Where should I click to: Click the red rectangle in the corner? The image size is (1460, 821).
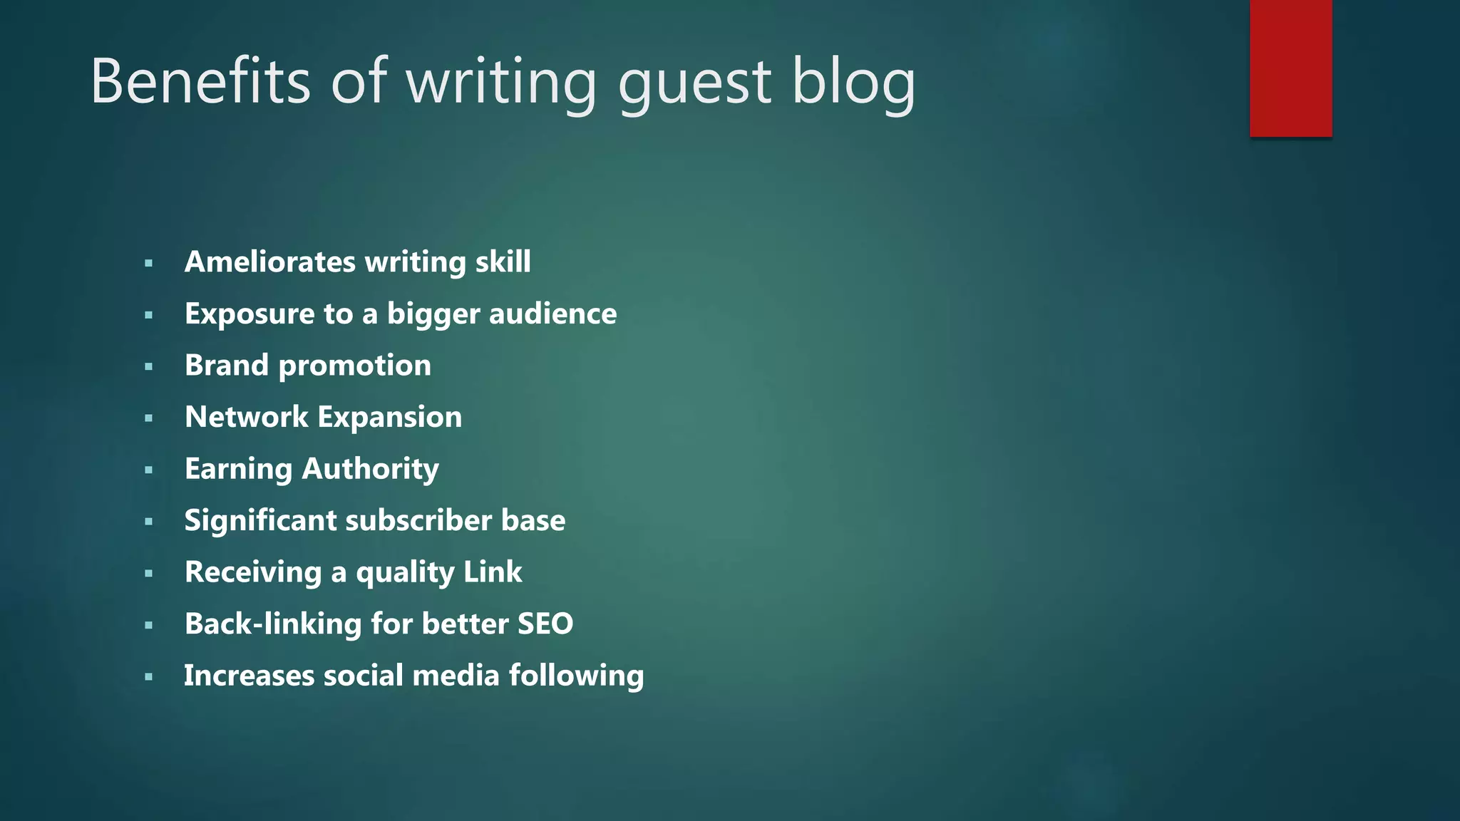coord(1290,68)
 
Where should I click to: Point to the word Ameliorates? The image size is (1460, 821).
coord(270,262)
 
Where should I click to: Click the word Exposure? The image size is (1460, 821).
coord(250,314)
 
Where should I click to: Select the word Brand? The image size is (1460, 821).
coord(227,365)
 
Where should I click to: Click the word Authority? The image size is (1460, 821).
coord(370,469)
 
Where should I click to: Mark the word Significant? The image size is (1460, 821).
coord(260,521)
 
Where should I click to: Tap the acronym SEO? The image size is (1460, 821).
coord(545,624)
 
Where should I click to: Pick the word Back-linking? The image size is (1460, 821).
coord(273,624)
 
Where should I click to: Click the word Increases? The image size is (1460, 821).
coord(249,676)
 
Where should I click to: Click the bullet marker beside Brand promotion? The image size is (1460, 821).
coord(148,367)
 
